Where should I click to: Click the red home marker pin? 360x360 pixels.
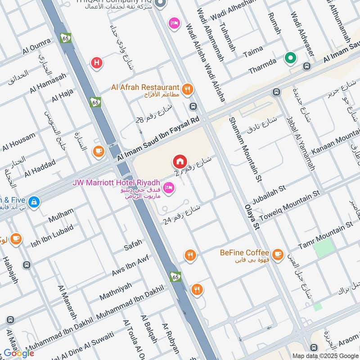click(180, 161)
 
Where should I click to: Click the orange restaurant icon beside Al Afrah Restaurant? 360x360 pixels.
click(188, 89)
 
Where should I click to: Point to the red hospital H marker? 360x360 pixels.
click(96, 63)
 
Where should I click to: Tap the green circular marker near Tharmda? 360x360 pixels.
click(290, 58)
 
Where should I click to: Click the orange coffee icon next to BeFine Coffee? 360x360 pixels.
click(278, 253)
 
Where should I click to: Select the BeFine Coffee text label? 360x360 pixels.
click(244, 253)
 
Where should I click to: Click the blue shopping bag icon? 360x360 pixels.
click(33, 202)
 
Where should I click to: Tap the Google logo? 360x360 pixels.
click(19, 353)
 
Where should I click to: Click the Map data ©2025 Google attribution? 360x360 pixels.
click(325, 355)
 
